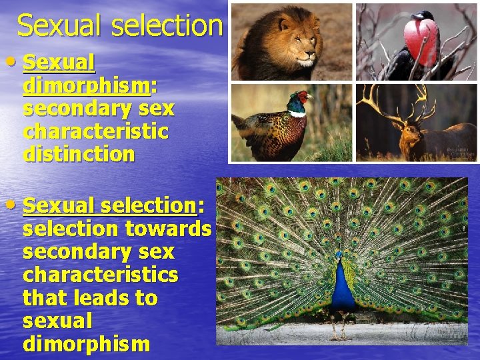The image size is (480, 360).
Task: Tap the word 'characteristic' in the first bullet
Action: coord(95,131)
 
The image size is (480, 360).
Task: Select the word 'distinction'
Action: coord(79,154)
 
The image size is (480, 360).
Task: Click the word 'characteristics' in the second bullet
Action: coord(100,275)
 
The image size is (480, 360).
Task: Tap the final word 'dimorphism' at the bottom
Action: coord(86,344)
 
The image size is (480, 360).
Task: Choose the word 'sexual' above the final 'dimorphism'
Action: coord(57,321)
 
